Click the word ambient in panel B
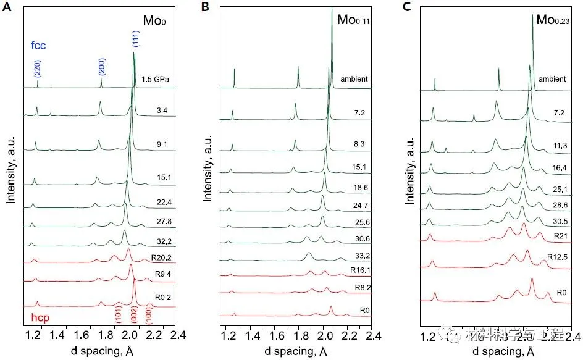click(354, 78)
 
